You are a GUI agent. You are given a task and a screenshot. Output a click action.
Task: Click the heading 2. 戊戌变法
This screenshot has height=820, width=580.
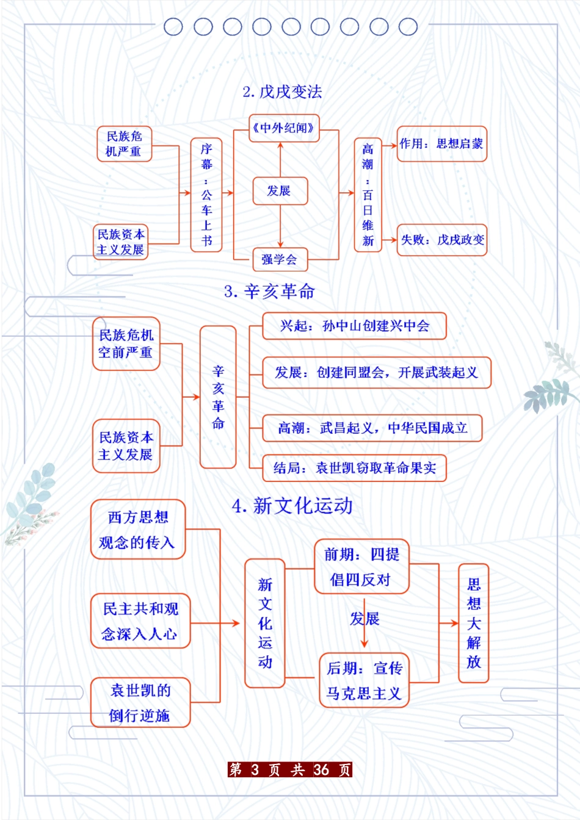click(x=282, y=92)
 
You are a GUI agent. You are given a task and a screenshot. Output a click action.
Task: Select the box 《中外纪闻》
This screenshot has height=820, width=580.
click(x=284, y=128)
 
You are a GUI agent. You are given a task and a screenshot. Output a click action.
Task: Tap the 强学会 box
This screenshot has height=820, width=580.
click(x=280, y=259)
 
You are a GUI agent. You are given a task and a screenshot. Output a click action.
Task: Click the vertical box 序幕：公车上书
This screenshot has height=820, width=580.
click(x=206, y=195)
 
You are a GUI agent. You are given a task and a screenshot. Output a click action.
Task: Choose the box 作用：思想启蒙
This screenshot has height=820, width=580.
click(x=441, y=144)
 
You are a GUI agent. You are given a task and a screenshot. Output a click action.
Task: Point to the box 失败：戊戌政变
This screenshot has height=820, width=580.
click(x=441, y=240)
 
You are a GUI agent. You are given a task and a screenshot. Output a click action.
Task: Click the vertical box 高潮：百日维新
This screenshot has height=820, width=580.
click(x=368, y=195)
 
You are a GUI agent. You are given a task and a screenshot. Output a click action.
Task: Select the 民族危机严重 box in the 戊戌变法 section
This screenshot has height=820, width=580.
click(x=124, y=144)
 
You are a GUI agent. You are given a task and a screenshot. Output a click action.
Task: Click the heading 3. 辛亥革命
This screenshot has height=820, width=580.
click(x=269, y=292)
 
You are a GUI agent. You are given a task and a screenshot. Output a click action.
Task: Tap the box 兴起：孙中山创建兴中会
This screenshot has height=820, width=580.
click(x=354, y=326)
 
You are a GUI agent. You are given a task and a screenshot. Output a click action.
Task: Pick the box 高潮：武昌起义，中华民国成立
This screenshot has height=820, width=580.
click(x=372, y=428)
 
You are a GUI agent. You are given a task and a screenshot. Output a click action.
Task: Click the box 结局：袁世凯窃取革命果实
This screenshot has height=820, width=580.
click(x=354, y=468)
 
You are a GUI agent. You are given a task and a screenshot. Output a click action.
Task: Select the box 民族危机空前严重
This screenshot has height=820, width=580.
click(x=126, y=343)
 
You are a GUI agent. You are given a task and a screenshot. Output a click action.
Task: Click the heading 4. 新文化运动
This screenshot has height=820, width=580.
click(x=292, y=506)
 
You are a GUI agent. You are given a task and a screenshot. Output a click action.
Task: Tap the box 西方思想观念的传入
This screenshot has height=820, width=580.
click(x=137, y=530)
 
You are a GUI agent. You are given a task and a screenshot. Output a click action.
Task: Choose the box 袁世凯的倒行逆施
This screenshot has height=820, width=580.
click(x=140, y=702)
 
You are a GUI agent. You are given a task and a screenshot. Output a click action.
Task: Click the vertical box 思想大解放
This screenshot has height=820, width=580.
click(x=473, y=623)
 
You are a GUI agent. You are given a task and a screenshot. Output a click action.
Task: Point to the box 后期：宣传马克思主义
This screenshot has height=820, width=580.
click(x=364, y=680)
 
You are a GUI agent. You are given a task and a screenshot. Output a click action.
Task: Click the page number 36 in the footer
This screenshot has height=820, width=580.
click(x=321, y=769)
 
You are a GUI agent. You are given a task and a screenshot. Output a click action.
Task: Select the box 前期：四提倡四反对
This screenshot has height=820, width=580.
click(x=361, y=567)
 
